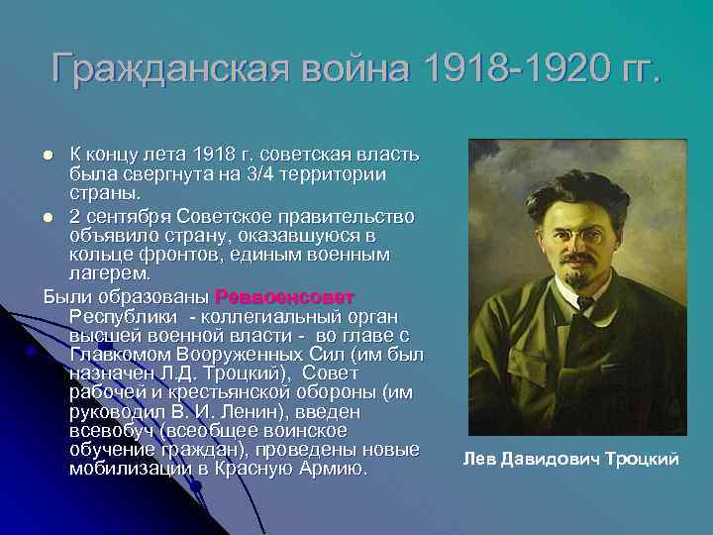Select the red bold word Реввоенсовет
[x=283, y=296]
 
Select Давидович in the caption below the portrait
[x=549, y=459]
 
